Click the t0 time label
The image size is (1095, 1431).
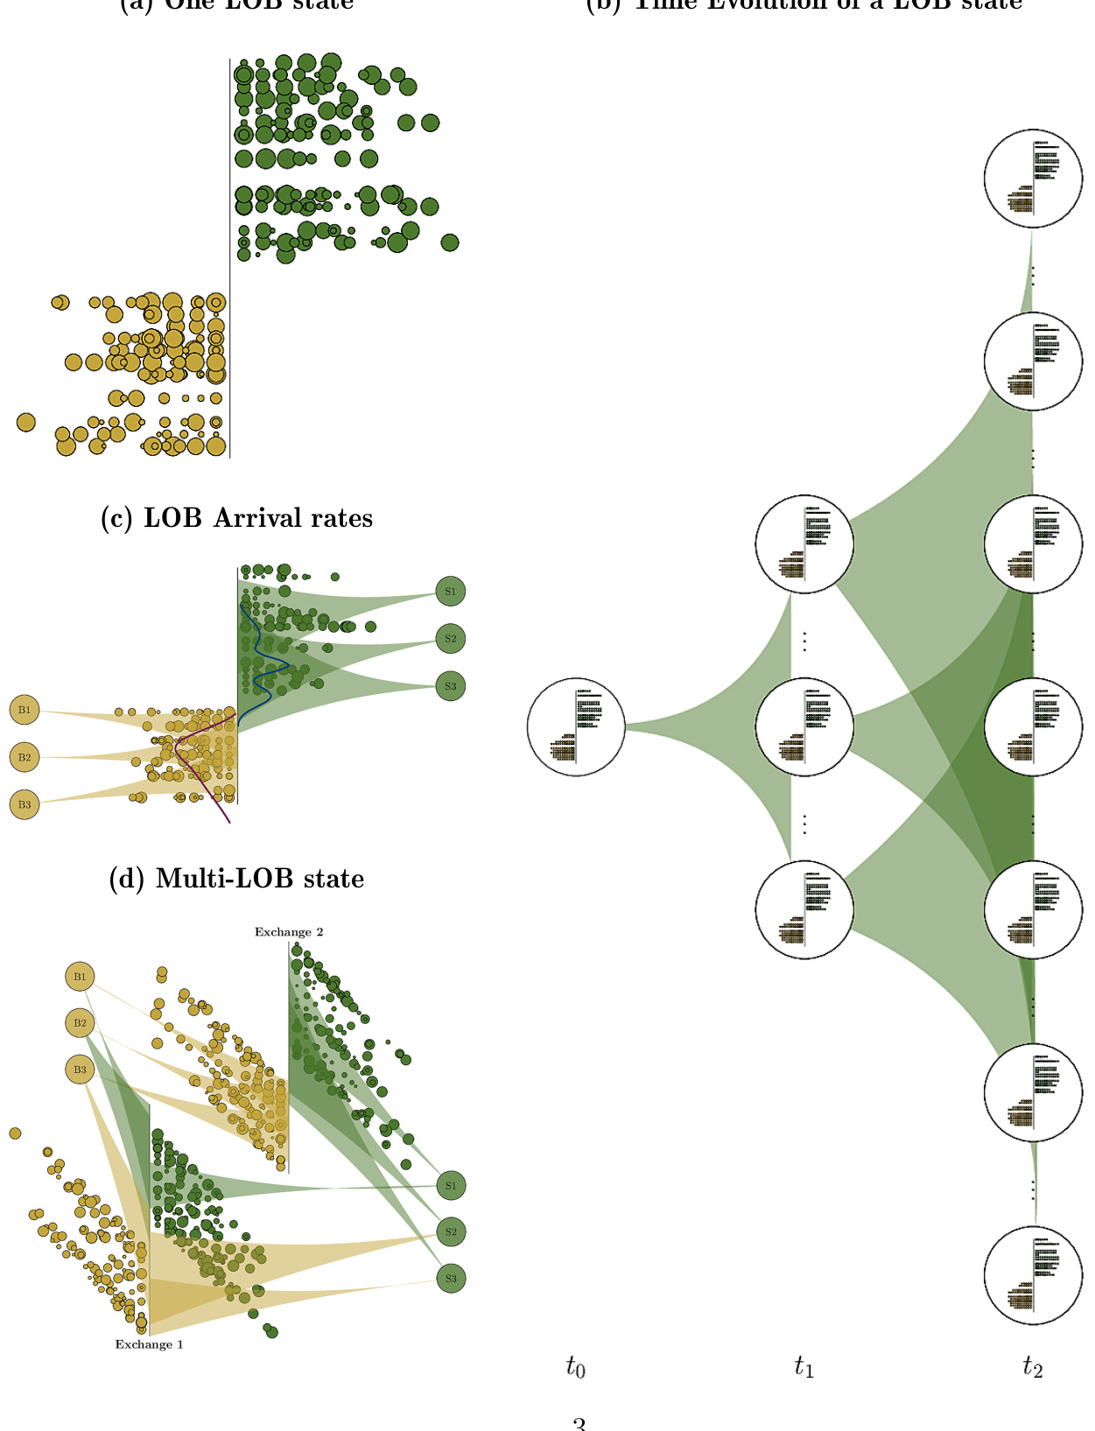click(575, 1366)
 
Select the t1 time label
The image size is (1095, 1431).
click(804, 1366)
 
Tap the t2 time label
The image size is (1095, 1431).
click(1032, 1366)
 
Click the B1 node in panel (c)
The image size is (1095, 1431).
click(25, 710)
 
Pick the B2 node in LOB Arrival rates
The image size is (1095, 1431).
click(25, 757)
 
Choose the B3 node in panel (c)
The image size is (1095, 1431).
click(25, 804)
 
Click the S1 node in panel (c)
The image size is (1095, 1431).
click(450, 592)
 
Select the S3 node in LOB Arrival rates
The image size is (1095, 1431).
click(450, 686)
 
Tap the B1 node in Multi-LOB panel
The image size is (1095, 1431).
click(80, 977)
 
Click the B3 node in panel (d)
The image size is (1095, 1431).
click(80, 1070)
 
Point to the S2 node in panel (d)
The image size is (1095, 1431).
click(451, 1232)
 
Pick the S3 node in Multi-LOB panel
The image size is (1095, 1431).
click(451, 1279)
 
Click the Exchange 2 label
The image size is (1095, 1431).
click(289, 932)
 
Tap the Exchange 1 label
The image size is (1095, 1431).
click(150, 1344)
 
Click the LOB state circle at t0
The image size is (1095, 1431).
click(576, 726)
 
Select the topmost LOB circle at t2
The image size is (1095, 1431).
click(1033, 179)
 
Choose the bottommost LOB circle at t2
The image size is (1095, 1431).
click(1033, 1275)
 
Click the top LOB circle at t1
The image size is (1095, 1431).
click(804, 544)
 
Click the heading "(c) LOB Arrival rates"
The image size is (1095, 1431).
click(237, 518)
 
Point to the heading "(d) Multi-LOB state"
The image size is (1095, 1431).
click(236, 879)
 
